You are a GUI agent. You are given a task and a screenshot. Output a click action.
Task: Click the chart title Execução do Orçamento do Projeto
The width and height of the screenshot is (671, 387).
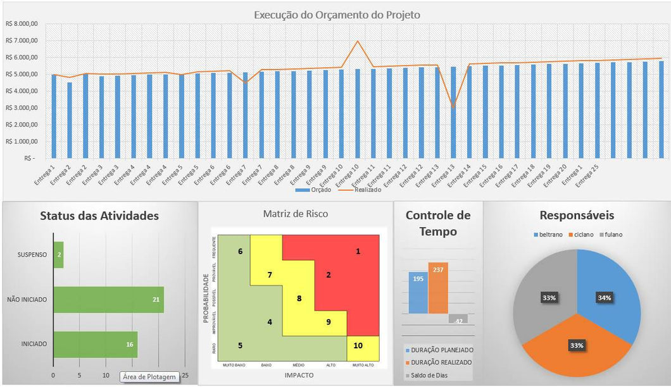pos(337,15)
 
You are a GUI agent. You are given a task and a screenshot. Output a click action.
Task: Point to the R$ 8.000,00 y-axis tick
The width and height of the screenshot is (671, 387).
pos(22,24)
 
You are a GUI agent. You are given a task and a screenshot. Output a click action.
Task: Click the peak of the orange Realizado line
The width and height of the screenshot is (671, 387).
pos(358,42)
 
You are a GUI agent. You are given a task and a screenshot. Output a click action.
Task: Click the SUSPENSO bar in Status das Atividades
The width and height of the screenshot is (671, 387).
pos(58,255)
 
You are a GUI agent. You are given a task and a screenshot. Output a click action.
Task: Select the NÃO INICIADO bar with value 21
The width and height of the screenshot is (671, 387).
pos(108,299)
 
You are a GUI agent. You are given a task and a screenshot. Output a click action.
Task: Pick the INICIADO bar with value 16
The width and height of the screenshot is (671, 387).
pos(95,344)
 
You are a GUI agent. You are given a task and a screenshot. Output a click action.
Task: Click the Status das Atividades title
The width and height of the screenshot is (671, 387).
pos(99,216)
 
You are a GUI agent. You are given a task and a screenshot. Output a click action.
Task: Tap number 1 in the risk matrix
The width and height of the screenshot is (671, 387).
pos(358,251)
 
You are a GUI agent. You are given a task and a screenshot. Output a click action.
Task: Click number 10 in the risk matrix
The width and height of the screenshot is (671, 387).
pos(358,345)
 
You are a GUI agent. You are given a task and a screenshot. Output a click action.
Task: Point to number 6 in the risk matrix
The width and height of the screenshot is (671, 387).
pos(241,251)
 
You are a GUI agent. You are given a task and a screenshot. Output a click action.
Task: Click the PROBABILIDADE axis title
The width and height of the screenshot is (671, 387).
pos(206,298)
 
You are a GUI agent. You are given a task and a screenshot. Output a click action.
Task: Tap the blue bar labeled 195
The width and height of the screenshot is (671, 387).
pos(418,292)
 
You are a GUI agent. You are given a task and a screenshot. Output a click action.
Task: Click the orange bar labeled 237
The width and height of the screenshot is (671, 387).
pos(438,288)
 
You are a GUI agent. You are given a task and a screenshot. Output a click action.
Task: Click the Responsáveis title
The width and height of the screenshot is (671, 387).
pos(577,216)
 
